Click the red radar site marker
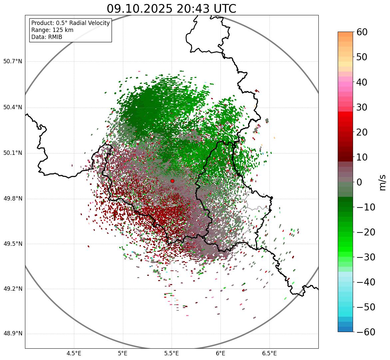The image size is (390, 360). [172, 181]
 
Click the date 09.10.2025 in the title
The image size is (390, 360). [140, 9]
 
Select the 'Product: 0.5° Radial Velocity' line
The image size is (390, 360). [70, 23]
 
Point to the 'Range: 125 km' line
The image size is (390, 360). [52, 30]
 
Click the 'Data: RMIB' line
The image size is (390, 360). [47, 37]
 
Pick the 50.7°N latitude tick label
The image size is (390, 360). [13, 62]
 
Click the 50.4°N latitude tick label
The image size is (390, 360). [13, 108]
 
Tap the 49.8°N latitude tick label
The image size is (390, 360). [13, 199]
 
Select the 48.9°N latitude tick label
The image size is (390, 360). [13, 334]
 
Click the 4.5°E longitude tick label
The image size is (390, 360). [74, 353]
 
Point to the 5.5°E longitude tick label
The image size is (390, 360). [172, 353]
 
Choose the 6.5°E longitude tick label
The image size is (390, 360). [269, 353]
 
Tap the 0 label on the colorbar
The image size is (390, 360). [359, 182]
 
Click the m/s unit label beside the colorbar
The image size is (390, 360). [382, 182]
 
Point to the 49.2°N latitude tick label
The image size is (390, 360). [13, 289]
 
